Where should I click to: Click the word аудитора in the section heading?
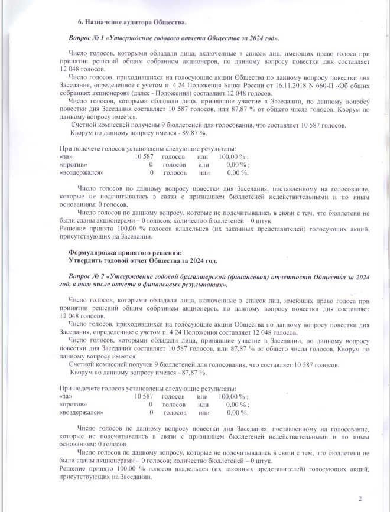(136, 22)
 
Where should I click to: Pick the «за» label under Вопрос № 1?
(66, 156)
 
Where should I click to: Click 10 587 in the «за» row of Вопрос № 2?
(144, 396)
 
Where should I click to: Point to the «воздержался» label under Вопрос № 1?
(82, 172)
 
